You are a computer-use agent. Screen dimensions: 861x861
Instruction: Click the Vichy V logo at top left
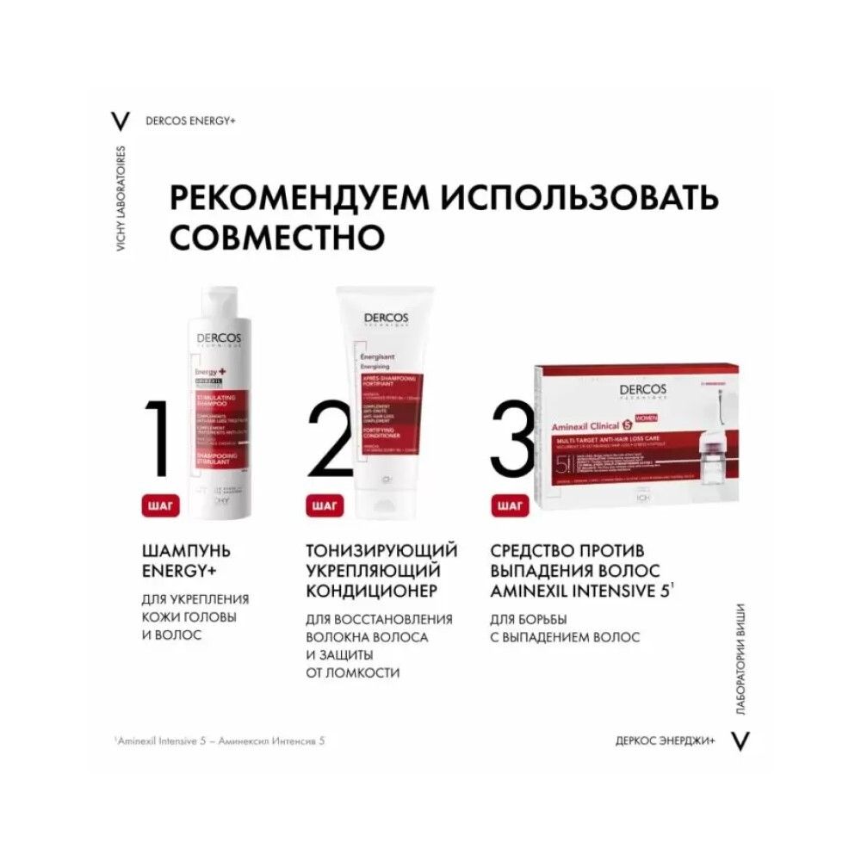click(121, 121)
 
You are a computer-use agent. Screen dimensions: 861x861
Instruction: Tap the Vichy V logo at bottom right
click(740, 740)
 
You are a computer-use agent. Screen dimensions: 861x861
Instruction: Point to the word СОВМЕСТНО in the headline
click(265, 235)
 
